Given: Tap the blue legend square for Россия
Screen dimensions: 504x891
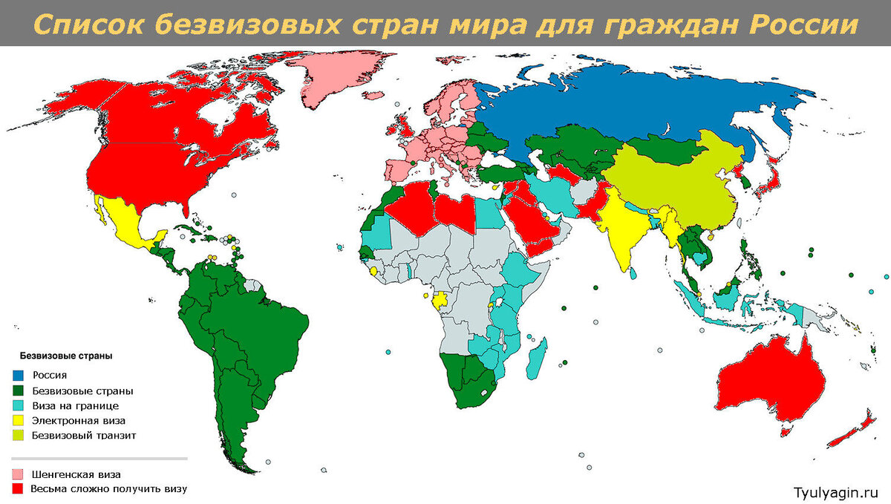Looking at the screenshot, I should (19, 376).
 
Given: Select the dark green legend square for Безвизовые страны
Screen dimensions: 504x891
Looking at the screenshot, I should (19, 390).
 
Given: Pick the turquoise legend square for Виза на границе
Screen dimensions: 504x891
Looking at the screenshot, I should (19, 406).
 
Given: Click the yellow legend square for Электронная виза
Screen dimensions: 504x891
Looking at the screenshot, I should (19, 421).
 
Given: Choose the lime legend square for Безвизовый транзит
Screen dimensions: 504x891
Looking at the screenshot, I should (19, 435).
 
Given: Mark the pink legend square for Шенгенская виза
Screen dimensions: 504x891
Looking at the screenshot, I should (19, 474).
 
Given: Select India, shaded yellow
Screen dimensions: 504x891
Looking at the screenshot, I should (620, 230).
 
